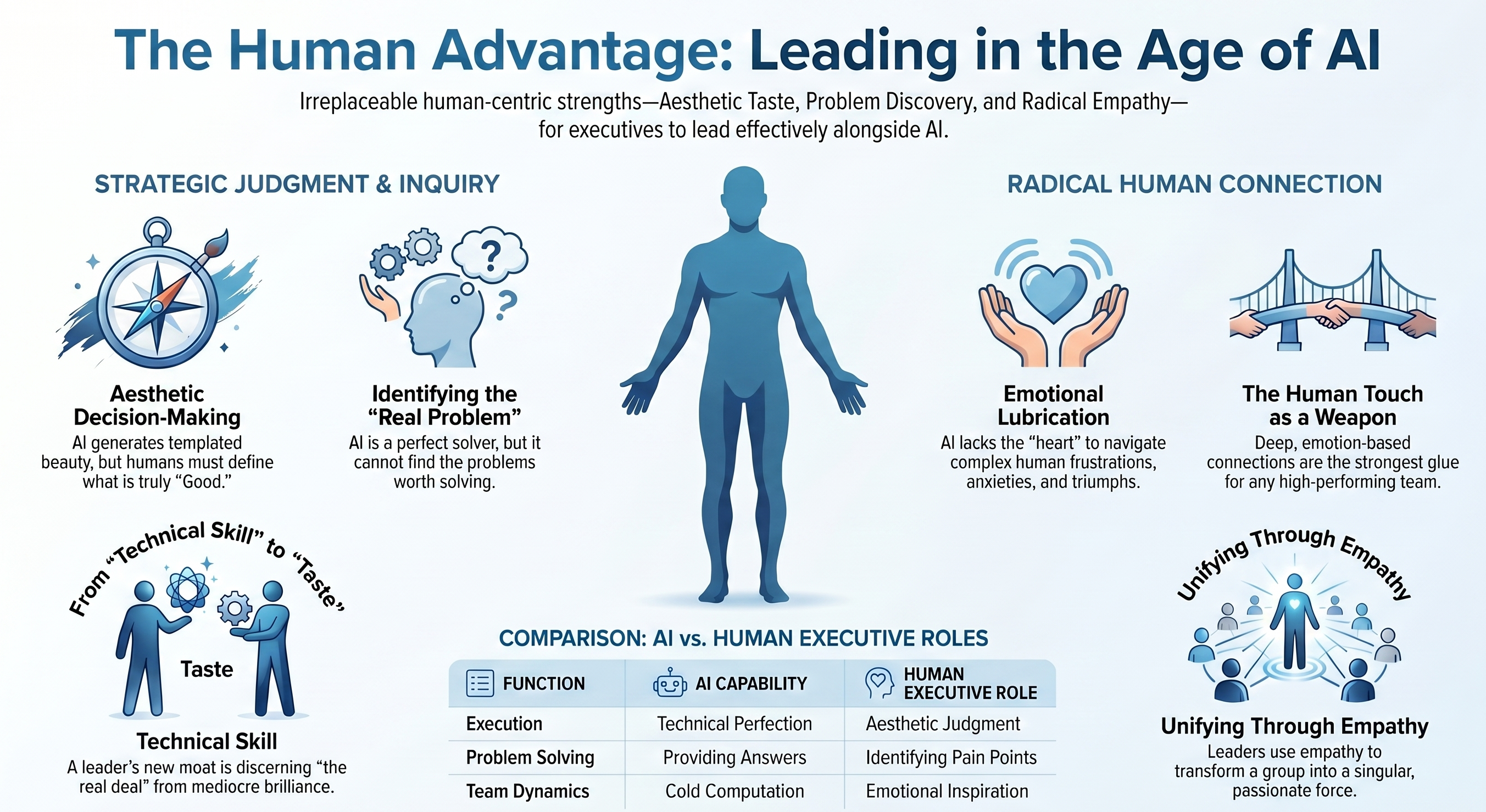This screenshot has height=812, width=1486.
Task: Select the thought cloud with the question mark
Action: point(489,254)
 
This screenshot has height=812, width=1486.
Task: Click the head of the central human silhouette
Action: point(744,196)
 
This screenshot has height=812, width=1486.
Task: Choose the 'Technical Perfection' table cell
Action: point(734,724)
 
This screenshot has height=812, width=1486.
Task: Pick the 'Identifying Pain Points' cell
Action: point(951,757)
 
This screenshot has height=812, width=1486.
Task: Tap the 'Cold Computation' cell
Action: point(734,791)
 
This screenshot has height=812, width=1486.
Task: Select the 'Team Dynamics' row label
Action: point(527,791)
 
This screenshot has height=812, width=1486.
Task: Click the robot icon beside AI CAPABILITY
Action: point(670,683)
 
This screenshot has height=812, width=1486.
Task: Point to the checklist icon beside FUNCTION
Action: point(480,684)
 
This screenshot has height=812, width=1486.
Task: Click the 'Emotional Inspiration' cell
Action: point(947,791)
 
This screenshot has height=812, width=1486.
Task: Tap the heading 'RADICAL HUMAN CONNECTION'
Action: point(1194,184)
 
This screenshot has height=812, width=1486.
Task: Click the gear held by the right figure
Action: point(234,608)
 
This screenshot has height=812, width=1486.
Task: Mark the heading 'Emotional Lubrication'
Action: point(1053,405)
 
